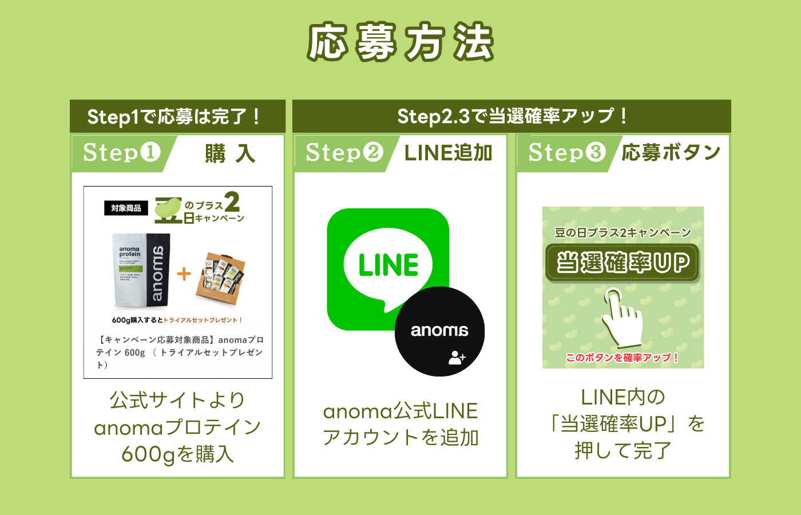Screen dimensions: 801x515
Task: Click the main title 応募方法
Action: [400, 42]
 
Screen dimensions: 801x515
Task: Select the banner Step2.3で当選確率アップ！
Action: [512, 116]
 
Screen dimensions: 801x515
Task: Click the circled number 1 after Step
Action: [150, 152]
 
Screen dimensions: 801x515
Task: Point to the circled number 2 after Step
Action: [373, 152]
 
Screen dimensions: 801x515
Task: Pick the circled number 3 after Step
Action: [596, 152]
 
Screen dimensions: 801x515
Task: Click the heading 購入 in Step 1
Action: [230, 153]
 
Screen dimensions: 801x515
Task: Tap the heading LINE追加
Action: [448, 153]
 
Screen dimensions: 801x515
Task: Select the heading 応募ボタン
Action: [671, 153]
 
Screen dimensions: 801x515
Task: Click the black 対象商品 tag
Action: [126, 208]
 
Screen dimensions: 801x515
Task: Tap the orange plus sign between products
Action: [184, 274]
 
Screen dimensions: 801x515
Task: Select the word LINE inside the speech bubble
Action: [388, 265]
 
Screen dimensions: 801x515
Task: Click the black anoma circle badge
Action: [439, 331]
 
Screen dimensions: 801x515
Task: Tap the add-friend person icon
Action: [457, 358]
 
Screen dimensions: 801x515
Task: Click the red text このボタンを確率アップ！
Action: [622, 358]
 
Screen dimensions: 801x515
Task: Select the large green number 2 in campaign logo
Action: [232, 202]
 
